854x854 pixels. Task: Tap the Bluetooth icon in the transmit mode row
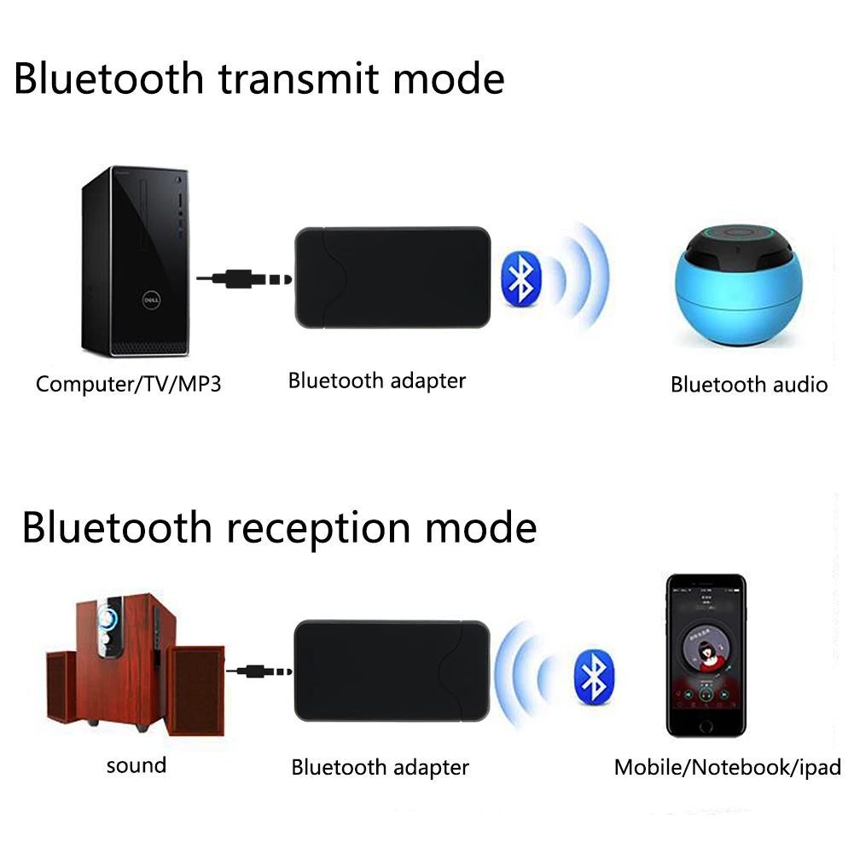coord(520,279)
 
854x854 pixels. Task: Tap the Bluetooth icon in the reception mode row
coord(594,676)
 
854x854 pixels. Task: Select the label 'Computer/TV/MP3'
coord(128,384)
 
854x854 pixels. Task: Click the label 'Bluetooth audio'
coord(748,385)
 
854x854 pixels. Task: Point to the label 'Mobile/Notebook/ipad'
coord(727,767)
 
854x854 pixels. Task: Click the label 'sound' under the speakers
coord(136,765)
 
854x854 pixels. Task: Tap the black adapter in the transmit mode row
coord(392,278)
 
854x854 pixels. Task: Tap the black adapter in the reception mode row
coord(392,671)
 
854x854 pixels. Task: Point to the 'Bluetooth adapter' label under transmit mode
coord(377,381)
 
